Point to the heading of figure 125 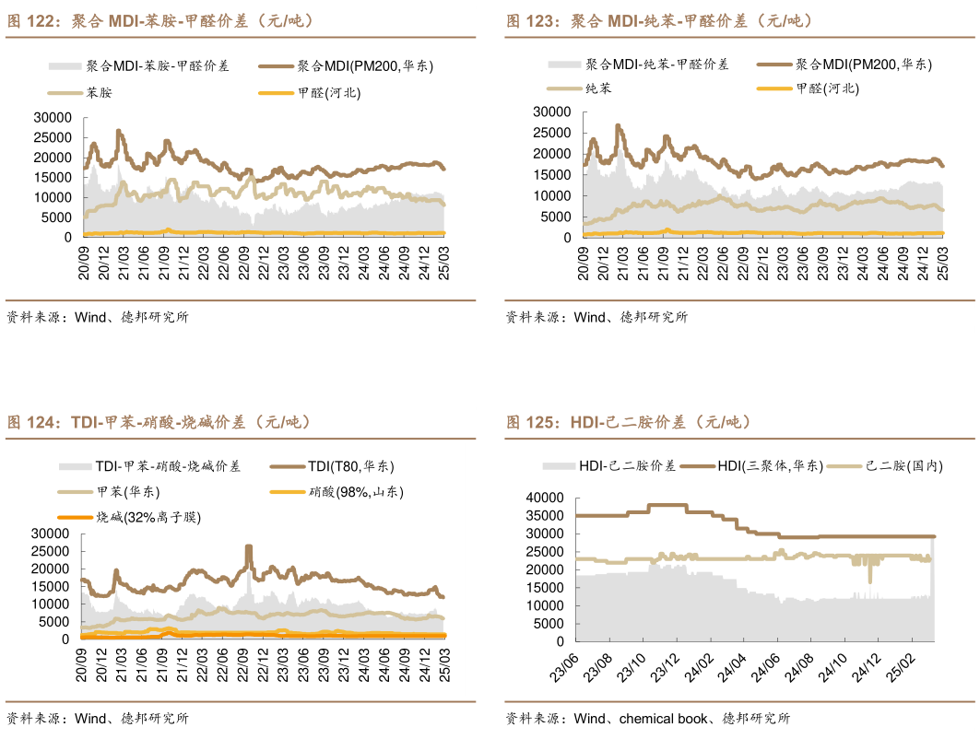tap(628, 422)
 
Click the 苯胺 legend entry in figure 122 tap(99, 92)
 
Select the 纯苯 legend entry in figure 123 tap(597, 88)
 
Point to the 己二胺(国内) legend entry tap(903, 466)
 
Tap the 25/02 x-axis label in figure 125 tap(903, 669)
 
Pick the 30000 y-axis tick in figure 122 tap(52, 117)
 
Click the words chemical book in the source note tap(664, 718)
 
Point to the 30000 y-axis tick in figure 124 tap(51, 534)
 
